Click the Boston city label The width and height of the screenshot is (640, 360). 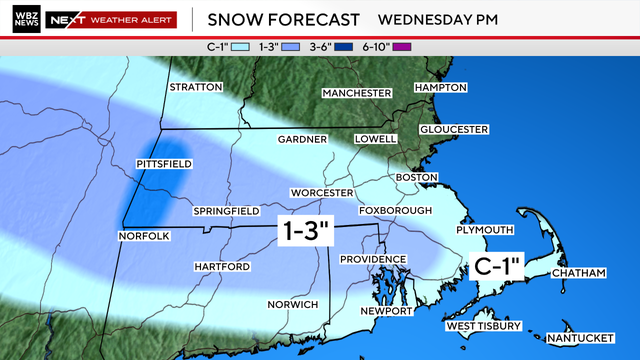[x=417, y=177]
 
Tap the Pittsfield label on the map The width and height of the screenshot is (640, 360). [x=164, y=163]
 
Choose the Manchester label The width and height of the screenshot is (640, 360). [x=356, y=93]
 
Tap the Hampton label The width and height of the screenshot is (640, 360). [x=440, y=87]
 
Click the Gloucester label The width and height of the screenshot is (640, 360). [x=453, y=129]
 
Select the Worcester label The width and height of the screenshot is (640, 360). [x=322, y=192]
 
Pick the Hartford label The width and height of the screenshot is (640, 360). [x=222, y=267]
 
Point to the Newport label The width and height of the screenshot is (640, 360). [x=386, y=311]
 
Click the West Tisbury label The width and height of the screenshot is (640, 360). [x=483, y=326]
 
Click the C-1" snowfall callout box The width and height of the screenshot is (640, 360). [x=497, y=266]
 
